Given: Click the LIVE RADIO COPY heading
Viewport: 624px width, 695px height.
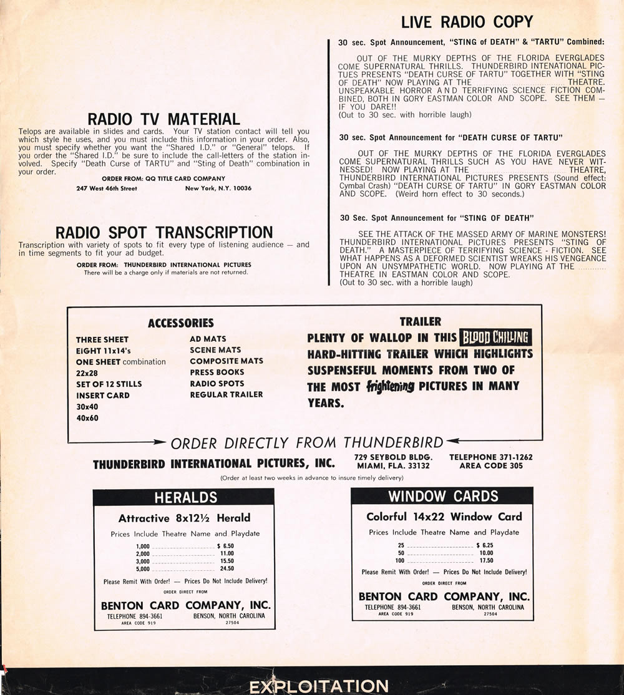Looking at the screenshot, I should (x=467, y=22).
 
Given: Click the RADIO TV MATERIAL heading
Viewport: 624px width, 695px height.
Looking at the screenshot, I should (x=163, y=119).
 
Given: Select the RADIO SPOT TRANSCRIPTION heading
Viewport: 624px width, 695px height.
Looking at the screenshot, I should (x=164, y=232).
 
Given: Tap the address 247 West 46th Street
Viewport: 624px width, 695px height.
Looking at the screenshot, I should (x=107, y=188).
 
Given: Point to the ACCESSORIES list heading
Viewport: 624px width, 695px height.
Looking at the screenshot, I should (x=180, y=323).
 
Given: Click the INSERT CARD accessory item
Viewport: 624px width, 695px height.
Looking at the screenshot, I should (x=103, y=395).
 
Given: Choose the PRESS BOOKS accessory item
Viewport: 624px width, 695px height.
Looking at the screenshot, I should (x=217, y=372).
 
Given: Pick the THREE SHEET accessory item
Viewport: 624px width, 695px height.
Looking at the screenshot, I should (x=102, y=339).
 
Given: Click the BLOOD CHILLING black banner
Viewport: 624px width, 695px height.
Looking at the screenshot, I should (x=495, y=338).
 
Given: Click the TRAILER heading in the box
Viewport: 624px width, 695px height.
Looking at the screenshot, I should (x=420, y=322).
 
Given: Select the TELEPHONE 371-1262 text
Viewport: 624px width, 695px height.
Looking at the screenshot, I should (x=491, y=457).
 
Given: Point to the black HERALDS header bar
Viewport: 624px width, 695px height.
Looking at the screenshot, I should (x=183, y=497).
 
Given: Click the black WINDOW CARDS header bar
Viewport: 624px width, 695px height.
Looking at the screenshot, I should (x=442, y=496).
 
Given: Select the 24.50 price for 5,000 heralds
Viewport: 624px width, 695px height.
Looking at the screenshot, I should (x=227, y=568).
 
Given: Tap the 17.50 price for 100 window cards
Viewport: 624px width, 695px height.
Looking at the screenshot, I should (x=485, y=560).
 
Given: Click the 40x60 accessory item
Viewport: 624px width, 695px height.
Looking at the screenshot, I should (x=87, y=417).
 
